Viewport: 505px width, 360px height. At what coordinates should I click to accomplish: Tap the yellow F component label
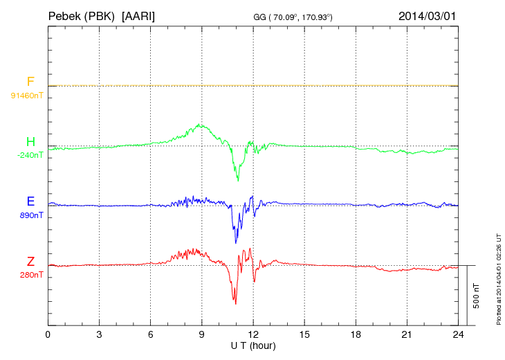30,82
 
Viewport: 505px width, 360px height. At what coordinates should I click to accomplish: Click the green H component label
30,143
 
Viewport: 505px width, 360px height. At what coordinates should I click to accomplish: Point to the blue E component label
30,202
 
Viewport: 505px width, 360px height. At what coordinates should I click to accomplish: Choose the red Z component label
30,262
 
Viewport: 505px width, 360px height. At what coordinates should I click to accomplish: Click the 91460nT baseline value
26,96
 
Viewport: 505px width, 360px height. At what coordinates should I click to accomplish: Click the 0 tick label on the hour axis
48,335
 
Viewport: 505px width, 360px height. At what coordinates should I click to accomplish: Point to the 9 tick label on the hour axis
202,335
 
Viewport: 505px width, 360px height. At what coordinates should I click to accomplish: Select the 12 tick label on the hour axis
253,335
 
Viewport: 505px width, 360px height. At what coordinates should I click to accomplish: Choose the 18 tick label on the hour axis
356,335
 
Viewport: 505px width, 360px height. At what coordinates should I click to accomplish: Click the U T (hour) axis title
253,345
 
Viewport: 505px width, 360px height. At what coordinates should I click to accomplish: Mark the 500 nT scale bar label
476,296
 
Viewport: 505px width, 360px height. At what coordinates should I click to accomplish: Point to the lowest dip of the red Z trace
235,304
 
